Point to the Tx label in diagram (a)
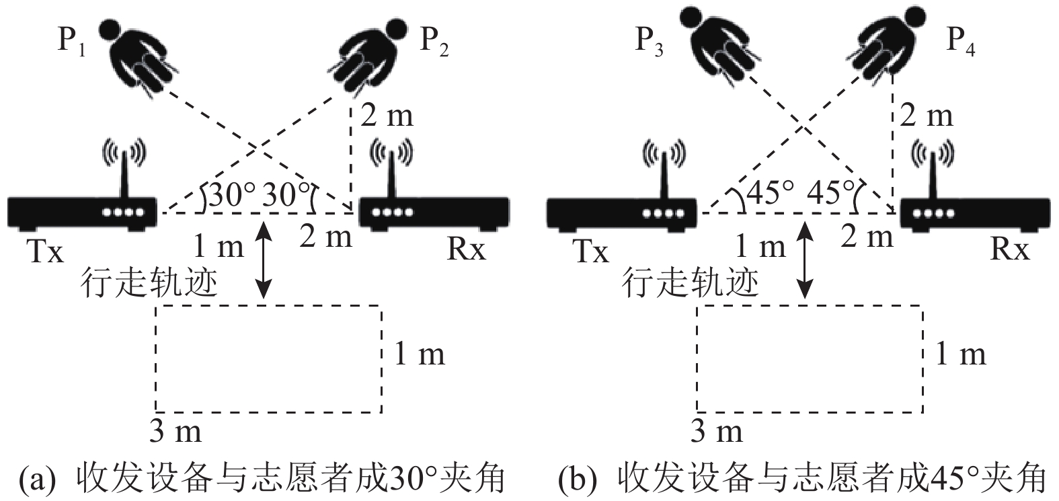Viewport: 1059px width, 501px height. [45, 252]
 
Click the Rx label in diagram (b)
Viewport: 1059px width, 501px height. [1010, 249]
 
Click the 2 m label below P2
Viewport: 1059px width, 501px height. [387, 116]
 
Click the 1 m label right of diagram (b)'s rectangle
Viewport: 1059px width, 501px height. [961, 354]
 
